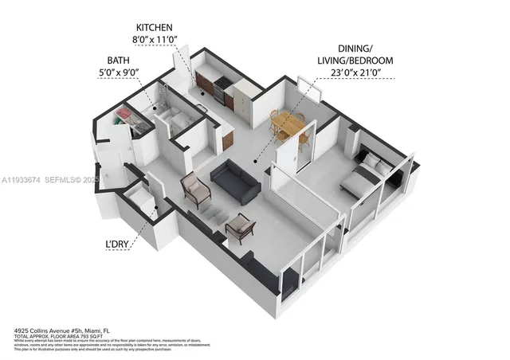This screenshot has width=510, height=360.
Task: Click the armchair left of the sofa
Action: coord(196,189)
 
